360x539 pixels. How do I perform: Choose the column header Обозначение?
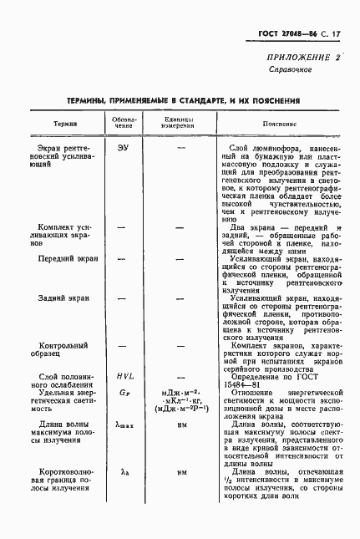(x=124, y=122)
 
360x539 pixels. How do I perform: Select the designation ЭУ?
(x=124, y=147)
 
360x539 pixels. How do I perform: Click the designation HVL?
(x=124, y=377)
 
